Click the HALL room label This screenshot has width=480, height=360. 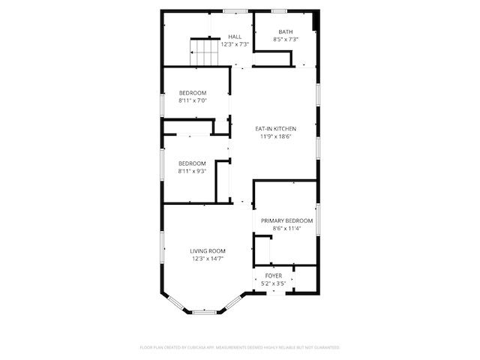(235, 36)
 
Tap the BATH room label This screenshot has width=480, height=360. (286, 31)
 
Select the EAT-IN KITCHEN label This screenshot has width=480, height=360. (275, 128)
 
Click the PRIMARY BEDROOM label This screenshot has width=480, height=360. (286, 220)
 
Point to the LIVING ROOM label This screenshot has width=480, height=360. (208, 250)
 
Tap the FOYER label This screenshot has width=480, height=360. (274, 275)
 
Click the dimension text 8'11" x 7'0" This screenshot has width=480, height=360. (193, 100)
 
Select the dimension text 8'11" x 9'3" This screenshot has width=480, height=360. (192, 171)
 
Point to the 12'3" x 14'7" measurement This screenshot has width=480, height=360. (208, 259)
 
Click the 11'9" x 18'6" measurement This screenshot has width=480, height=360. (275, 136)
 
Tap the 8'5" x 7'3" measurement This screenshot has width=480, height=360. (286, 39)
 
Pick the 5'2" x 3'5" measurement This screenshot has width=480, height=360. (274, 283)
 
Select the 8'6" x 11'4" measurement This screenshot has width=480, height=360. (286, 229)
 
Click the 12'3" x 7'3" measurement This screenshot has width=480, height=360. (235, 44)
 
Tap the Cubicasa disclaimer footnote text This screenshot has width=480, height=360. (240, 347)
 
